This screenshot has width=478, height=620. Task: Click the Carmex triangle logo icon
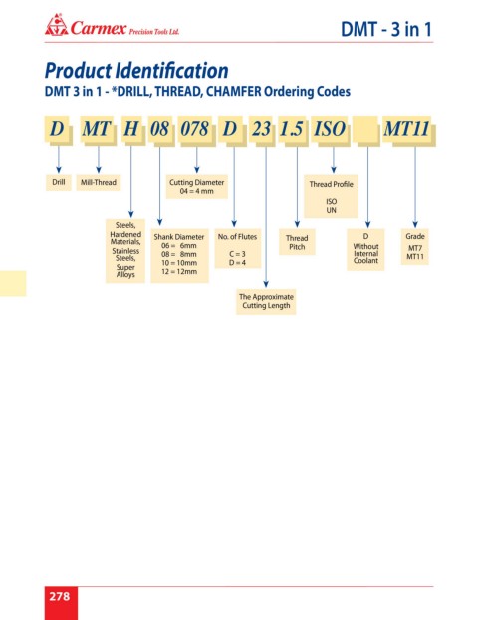(56, 25)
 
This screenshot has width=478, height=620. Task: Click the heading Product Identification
(136, 71)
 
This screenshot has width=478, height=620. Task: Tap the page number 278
(60, 596)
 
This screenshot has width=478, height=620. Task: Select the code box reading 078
(194, 129)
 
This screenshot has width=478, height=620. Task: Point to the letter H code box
(131, 129)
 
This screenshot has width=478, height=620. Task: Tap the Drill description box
(59, 182)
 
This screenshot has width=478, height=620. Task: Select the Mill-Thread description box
(99, 182)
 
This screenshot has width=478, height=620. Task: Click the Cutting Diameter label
(197, 182)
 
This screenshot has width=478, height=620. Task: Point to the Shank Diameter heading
(179, 237)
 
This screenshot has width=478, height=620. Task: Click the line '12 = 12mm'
(179, 272)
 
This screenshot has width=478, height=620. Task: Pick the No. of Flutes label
(237, 237)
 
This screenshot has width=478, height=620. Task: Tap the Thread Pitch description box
(297, 242)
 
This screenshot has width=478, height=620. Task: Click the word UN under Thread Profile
(331, 210)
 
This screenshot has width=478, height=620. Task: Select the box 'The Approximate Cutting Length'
(266, 301)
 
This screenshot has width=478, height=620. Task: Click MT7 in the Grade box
(415, 248)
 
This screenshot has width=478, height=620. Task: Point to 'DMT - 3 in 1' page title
(386, 29)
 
